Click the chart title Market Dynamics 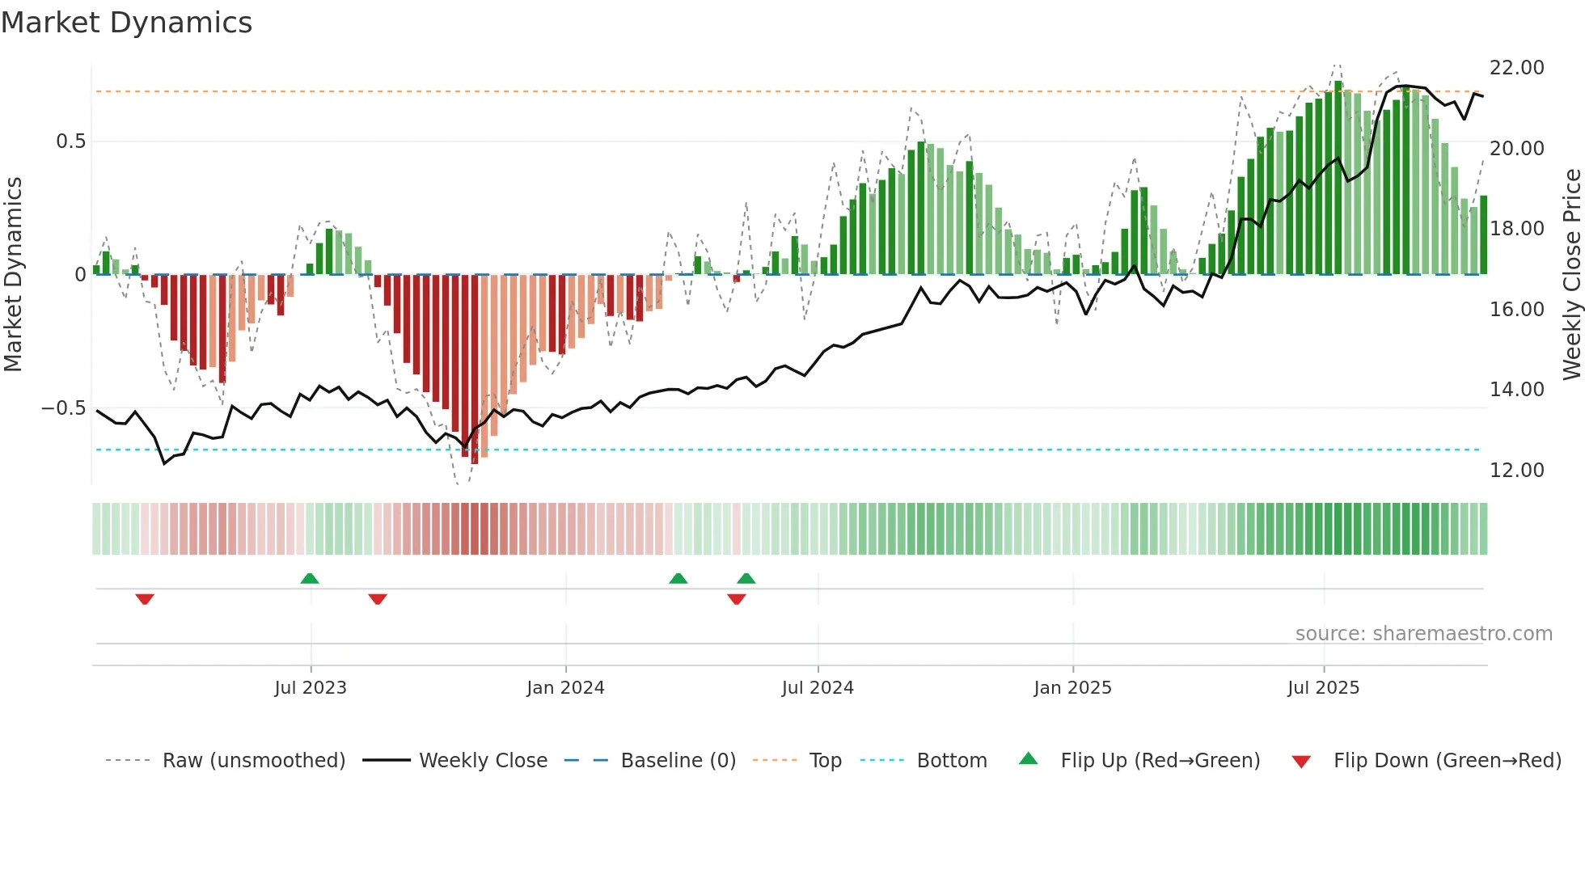(x=127, y=23)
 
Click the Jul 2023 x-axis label (x=311, y=688)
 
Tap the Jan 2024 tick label (x=565, y=688)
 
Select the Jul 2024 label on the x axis (x=818, y=688)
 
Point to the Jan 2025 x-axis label (x=1072, y=688)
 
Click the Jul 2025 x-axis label (x=1323, y=688)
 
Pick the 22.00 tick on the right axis (x=1516, y=68)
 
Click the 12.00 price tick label (x=1516, y=471)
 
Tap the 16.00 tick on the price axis (x=1516, y=310)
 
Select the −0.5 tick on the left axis (x=64, y=408)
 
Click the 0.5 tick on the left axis (x=70, y=141)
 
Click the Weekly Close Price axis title (x=1571, y=275)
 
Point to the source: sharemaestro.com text (x=1423, y=634)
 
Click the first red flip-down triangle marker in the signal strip (x=145, y=599)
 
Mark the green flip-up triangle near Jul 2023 (x=310, y=578)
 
